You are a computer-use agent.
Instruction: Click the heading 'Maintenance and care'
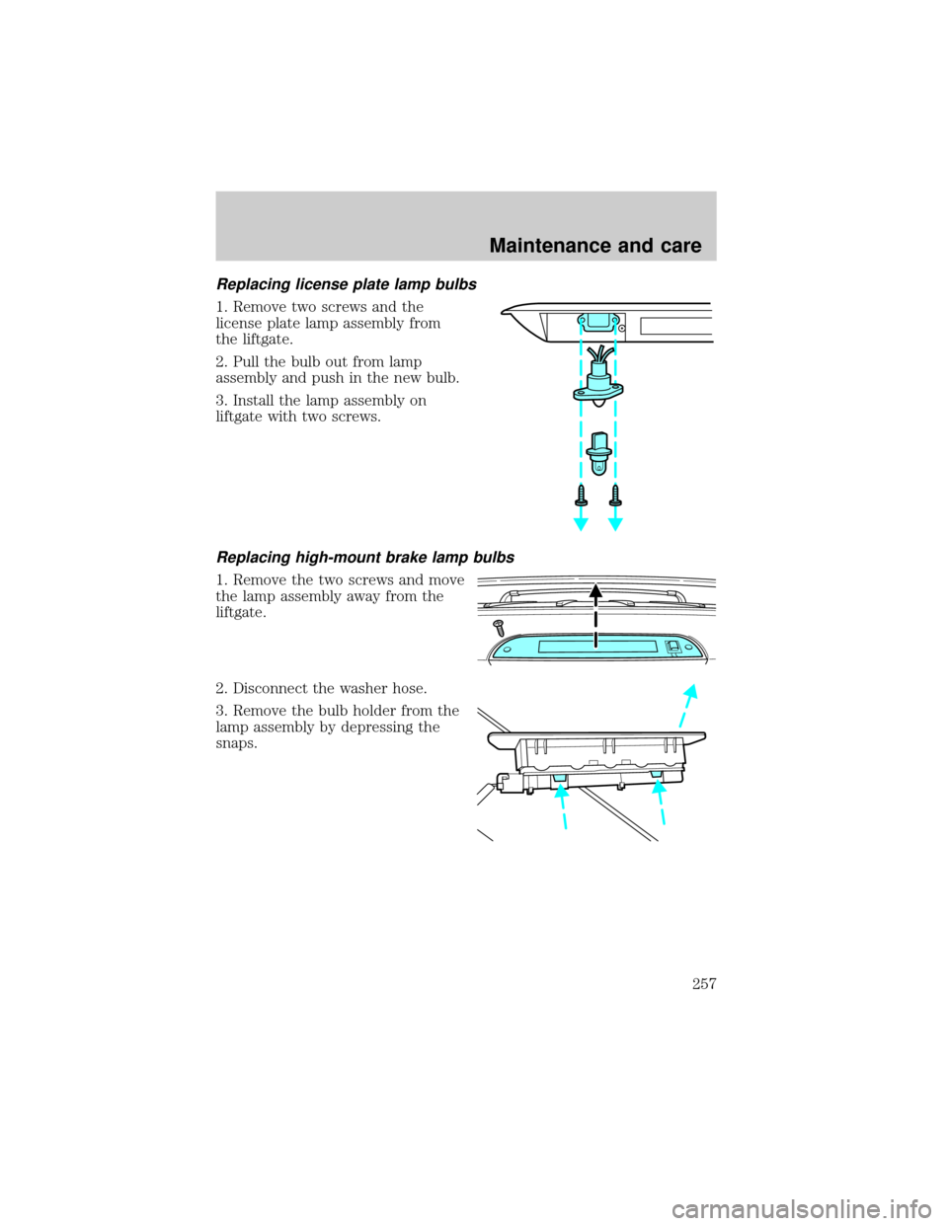595,246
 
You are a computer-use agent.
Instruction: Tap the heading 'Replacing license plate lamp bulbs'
347,284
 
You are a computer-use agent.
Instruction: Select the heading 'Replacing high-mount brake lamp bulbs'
365,558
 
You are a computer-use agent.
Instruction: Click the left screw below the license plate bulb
582,495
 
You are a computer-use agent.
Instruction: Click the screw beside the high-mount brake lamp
500,628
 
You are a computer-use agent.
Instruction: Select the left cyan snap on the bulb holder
559,778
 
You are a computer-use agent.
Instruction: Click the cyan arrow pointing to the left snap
562,806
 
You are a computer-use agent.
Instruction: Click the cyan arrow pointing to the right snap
661,803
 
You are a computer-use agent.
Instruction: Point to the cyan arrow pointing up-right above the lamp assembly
688,704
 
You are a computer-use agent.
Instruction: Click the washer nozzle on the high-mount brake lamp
673,648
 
